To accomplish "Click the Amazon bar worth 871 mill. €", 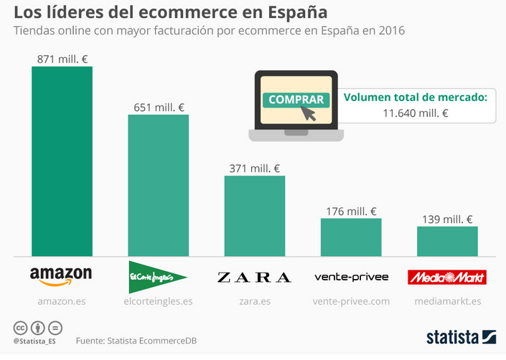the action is click(62, 161).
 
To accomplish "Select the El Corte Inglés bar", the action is click(159, 186).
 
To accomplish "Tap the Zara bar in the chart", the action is click(255, 216).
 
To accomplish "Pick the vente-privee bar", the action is click(351, 237).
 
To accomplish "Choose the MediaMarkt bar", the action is click(447, 242).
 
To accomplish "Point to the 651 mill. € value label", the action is click(159, 108).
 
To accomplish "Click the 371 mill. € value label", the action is click(255, 169).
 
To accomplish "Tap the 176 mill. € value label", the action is click(351, 212).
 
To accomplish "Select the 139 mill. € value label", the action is click(447, 219).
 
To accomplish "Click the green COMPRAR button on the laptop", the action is click(296, 100).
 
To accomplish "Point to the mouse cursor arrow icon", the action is click(308, 113).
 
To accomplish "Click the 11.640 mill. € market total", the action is click(416, 113).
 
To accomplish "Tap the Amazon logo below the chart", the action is click(61, 276).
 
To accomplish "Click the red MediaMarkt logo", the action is click(447, 277).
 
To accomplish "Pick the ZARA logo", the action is click(254, 277).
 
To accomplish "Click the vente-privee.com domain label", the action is click(351, 301).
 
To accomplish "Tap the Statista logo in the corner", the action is click(462, 338).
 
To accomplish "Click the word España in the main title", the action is click(298, 12).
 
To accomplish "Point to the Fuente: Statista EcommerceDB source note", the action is click(136, 341).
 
